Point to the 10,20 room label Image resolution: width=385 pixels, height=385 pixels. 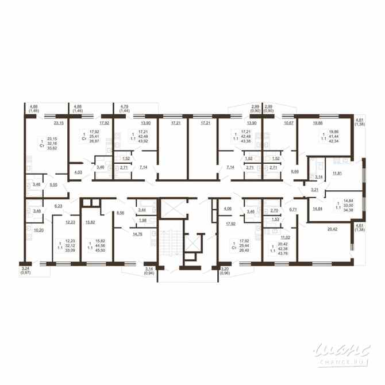pyautogui.click(x=40, y=230)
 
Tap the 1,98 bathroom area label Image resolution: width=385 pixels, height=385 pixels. pyautogui.click(x=143, y=220)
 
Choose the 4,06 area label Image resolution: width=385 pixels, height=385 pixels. pyautogui.click(x=228, y=209)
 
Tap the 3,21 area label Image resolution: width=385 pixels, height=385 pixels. pyautogui.click(x=315, y=189)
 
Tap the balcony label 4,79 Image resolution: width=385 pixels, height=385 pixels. pyautogui.click(x=124, y=106)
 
